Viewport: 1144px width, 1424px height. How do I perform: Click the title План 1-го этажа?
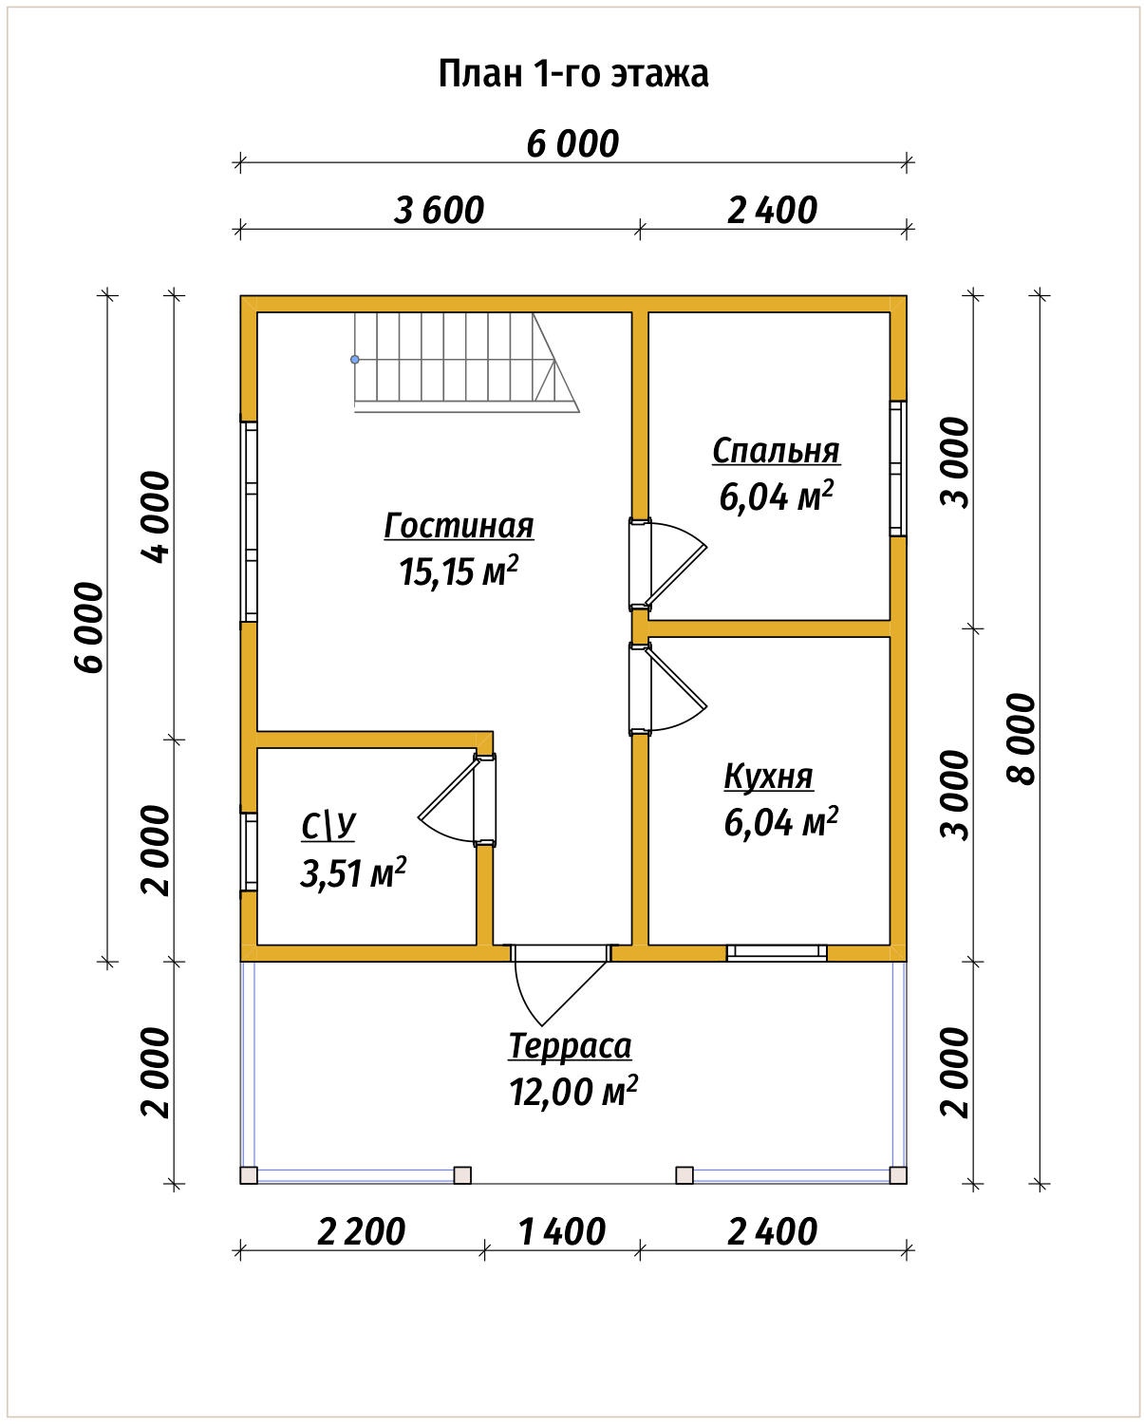coord(573,73)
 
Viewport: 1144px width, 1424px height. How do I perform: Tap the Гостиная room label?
coord(459,527)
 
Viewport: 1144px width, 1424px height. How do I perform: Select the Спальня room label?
coord(776,452)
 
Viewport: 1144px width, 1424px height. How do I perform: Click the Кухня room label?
coord(767,777)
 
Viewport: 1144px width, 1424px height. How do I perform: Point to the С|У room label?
coord(328,827)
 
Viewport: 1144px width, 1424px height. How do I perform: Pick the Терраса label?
coord(570,1046)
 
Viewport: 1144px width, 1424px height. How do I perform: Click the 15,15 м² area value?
coord(458,571)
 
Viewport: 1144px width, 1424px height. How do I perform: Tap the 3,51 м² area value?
coord(353,872)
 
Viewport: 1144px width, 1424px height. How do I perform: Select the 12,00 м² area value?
coord(573,1092)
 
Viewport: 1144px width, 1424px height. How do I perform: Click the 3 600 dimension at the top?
coord(439,211)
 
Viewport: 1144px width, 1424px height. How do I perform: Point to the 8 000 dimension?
coord(1022,739)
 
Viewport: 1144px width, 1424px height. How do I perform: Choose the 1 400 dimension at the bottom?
coord(561,1232)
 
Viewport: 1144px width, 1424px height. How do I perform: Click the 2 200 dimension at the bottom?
coord(361,1232)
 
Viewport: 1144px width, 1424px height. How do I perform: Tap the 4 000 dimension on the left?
coord(157,516)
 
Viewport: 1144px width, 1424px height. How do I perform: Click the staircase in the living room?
coord(466,362)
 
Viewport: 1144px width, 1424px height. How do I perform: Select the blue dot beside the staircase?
coord(355,359)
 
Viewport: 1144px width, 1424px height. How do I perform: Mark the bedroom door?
coord(667,563)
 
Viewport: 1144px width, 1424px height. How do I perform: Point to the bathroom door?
coord(458,799)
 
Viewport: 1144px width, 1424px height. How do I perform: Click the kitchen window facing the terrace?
coord(777,953)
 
